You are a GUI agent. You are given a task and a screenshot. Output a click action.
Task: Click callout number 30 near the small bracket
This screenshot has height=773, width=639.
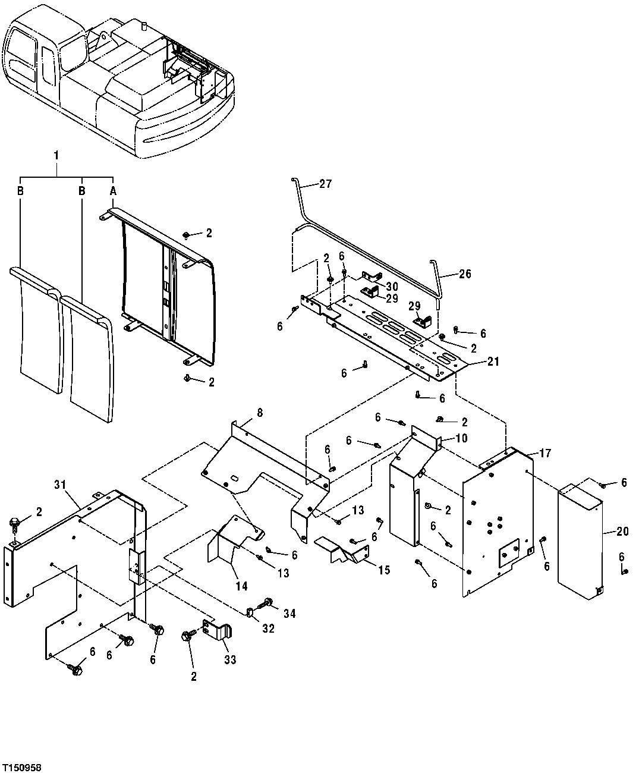pyautogui.click(x=392, y=286)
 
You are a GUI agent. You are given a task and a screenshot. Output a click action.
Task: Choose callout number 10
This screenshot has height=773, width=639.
pyautogui.click(x=461, y=438)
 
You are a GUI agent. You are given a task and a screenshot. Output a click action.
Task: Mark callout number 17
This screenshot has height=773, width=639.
pyautogui.click(x=545, y=453)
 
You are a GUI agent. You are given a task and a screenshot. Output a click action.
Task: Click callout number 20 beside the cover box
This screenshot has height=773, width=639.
pyautogui.click(x=622, y=532)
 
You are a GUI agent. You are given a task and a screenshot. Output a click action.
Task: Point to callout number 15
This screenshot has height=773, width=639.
pyautogui.click(x=384, y=570)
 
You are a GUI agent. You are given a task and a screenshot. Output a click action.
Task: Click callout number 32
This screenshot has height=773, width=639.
pyautogui.click(x=268, y=628)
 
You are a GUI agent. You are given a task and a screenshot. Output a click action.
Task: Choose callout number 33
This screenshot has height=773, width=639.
pyautogui.click(x=231, y=659)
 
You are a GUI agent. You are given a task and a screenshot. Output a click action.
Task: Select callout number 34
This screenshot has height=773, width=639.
pyautogui.click(x=289, y=613)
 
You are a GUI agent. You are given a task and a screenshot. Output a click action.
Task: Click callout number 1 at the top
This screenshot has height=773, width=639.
pyautogui.click(x=56, y=155)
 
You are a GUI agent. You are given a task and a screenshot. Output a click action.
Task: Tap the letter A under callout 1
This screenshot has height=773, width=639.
pyautogui.click(x=112, y=191)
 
